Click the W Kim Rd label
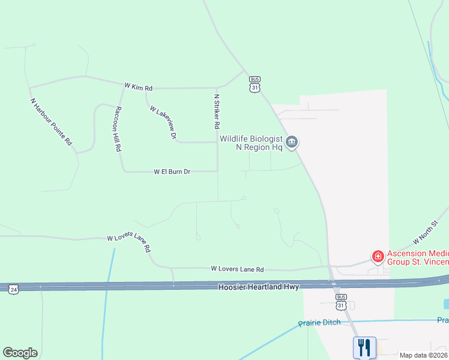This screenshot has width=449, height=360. pos(138,88)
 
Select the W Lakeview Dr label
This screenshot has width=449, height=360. pos(163,123)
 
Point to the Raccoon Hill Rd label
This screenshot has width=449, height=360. pos(118,128)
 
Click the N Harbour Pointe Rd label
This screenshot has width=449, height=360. pos(51,122)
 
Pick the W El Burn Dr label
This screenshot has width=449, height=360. pos(172,172)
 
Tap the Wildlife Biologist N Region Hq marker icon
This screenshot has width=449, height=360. pos(292,142)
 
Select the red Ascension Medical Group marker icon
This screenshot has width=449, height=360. pos(378,257)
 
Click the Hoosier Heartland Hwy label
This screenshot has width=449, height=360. pos(258,288)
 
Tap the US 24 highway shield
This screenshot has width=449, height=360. pos(14,289)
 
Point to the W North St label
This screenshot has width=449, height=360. pos(427,232)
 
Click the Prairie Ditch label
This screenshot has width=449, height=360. pos(319,323)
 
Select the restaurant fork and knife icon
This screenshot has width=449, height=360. pos(364,348)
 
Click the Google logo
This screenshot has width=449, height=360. pos(20,353)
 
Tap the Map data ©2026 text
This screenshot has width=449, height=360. pos(423,355)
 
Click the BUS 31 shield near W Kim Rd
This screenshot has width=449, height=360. pos(255,85)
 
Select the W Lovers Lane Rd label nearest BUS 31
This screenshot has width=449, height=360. pos(237,270)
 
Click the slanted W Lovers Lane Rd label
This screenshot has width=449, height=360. pos(128,244)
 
